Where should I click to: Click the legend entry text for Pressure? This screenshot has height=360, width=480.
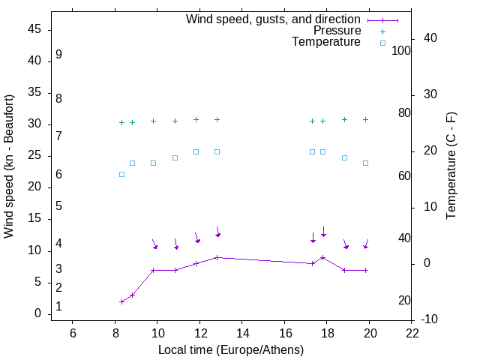pyautogui.click(x=337, y=31)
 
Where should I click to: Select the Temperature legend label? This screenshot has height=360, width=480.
pyautogui.click(x=326, y=42)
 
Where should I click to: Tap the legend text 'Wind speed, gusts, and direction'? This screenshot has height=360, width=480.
pyautogui.click(x=273, y=19)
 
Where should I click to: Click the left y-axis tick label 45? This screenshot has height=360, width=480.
pyautogui.click(x=34, y=29)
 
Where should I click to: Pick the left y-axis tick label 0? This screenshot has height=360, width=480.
pyautogui.click(x=37, y=313)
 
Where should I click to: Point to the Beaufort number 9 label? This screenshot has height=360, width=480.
pyautogui.click(x=58, y=55)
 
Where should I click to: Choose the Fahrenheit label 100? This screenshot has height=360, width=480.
pyautogui.click(x=401, y=50)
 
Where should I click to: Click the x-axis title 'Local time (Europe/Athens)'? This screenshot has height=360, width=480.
pyautogui.click(x=231, y=349)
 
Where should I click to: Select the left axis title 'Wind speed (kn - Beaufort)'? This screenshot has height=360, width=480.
pyautogui.click(x=9, y=166)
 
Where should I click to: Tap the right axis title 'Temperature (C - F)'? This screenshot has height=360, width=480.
pyautogui.click(x=451, y=166)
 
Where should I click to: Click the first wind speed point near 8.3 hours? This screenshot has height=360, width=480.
pyautogui.click(x=121, y=301)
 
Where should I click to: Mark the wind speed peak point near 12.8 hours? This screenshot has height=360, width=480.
pyautogui.click(x=217, y=257)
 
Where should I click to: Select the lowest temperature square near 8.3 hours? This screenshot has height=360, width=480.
pyautogui.click(x=121, y=174)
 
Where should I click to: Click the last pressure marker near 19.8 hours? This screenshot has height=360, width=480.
pyautogui.click(x=365, y=119)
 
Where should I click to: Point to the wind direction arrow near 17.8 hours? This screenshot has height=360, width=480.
pyautogui.click(x=323, y=232)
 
